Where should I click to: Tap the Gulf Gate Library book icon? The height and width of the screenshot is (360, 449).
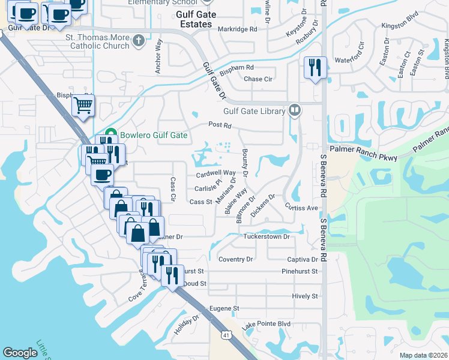pyautogui.click(x=295, y=110)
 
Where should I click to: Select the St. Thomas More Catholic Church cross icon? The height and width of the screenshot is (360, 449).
pyautogui.click(x=139, y=41)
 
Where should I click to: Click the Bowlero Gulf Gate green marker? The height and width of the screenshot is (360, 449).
pyautogui.click(x=110, y=135)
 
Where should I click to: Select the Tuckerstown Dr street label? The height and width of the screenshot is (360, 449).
pyautogui.click(x=267, y=236)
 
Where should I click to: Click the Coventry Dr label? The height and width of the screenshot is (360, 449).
pyautogui.click(x=236, y=259)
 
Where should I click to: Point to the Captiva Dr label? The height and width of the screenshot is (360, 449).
pyautogui.click(x=301, y=259)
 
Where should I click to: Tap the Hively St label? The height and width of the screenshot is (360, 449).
pyautogui.click(x=305, y=296)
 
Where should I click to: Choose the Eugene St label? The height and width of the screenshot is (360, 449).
pyautogui.click(x=224, y=308)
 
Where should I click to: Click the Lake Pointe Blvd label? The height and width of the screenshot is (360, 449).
pyautogui.click(x=267, y=324)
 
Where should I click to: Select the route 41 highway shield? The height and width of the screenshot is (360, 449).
pyautogui.click(x=225, y=333)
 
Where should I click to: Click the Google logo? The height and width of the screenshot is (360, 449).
pyautogui.click(x=20, y=353)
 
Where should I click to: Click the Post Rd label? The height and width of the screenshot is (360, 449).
pyautogui.click(x=220, y=125)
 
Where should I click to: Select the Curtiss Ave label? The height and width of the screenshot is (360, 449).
pyautogui.click(x=301, y=208)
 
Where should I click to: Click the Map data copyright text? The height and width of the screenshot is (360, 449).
pyautogui.click(x=423, y=355)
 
